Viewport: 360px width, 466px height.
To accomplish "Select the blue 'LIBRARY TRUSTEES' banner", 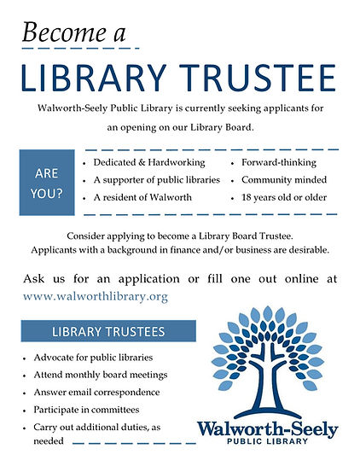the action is [109, 330].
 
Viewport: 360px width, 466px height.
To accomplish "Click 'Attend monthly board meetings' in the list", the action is [100, 375].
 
